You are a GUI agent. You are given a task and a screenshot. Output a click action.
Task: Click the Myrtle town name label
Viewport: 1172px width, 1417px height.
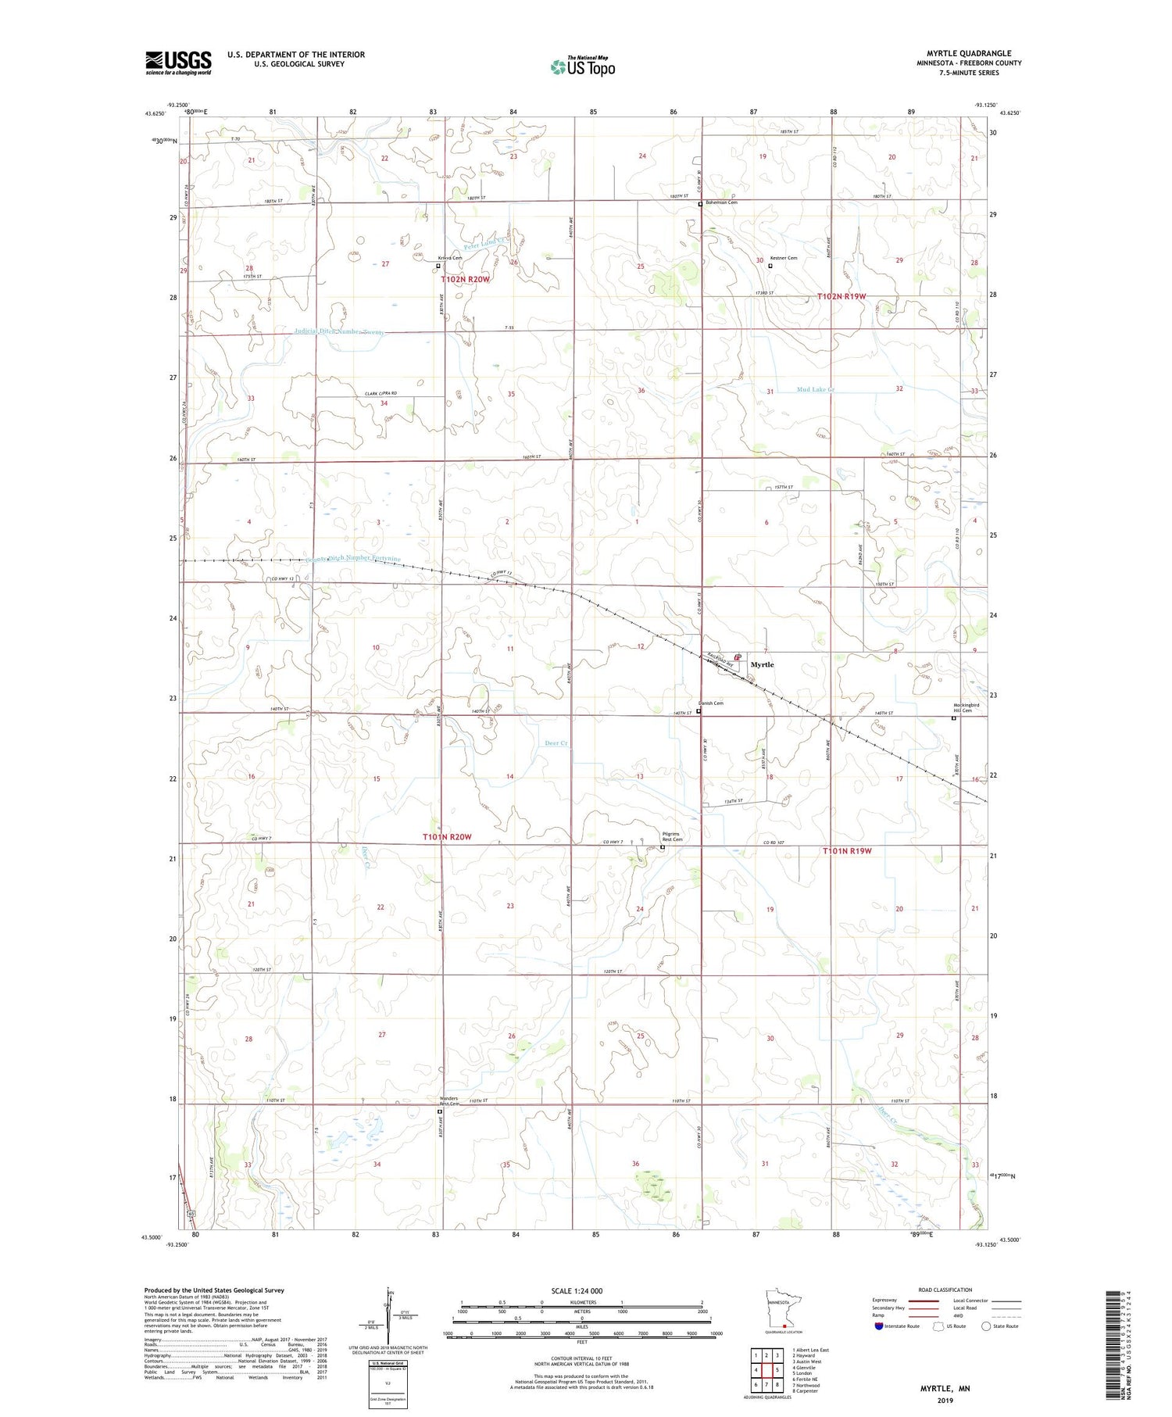(x=762, y=664)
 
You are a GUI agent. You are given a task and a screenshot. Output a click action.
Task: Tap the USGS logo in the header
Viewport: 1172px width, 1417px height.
(x=178, y=63)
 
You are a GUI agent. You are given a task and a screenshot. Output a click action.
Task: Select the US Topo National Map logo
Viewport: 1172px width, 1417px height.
(x=583, y=66)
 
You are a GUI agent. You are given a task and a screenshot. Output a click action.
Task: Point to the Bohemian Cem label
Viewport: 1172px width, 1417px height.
(x=720, y=202)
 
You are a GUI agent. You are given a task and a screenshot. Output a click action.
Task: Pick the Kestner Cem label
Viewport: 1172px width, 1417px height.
(x=783, y=258)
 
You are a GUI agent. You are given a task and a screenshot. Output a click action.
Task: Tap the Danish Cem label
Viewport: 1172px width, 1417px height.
(x=710, y=703)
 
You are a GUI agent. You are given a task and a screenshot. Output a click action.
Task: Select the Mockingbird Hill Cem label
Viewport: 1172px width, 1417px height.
(x=966, y=707)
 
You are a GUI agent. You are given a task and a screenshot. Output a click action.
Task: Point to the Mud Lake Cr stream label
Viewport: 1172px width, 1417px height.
(x=816, y=389)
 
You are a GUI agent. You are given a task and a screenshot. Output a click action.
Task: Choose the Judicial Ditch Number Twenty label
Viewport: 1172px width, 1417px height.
(x=339, y=332)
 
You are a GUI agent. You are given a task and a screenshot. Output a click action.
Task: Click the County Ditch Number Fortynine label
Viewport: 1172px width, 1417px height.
(x=353, y=558)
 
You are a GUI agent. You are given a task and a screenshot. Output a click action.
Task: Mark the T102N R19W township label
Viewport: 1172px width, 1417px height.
(x=841, y=296)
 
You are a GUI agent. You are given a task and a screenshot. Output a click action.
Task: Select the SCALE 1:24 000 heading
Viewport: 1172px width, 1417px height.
(x=577, y=1291)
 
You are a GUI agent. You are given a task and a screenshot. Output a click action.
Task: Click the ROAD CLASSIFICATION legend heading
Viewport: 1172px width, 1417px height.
(x=945, y=1290)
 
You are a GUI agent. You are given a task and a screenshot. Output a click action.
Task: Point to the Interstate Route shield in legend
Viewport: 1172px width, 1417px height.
(x=879, y=1326)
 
